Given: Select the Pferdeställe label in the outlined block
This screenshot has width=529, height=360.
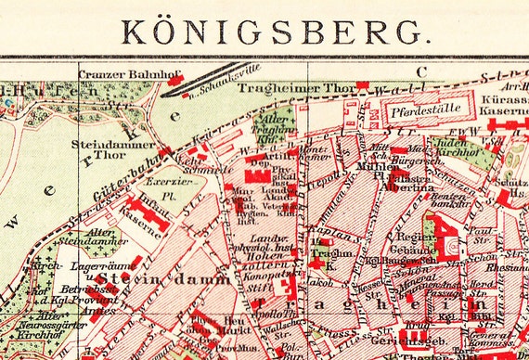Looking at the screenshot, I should tap(427, 109).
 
